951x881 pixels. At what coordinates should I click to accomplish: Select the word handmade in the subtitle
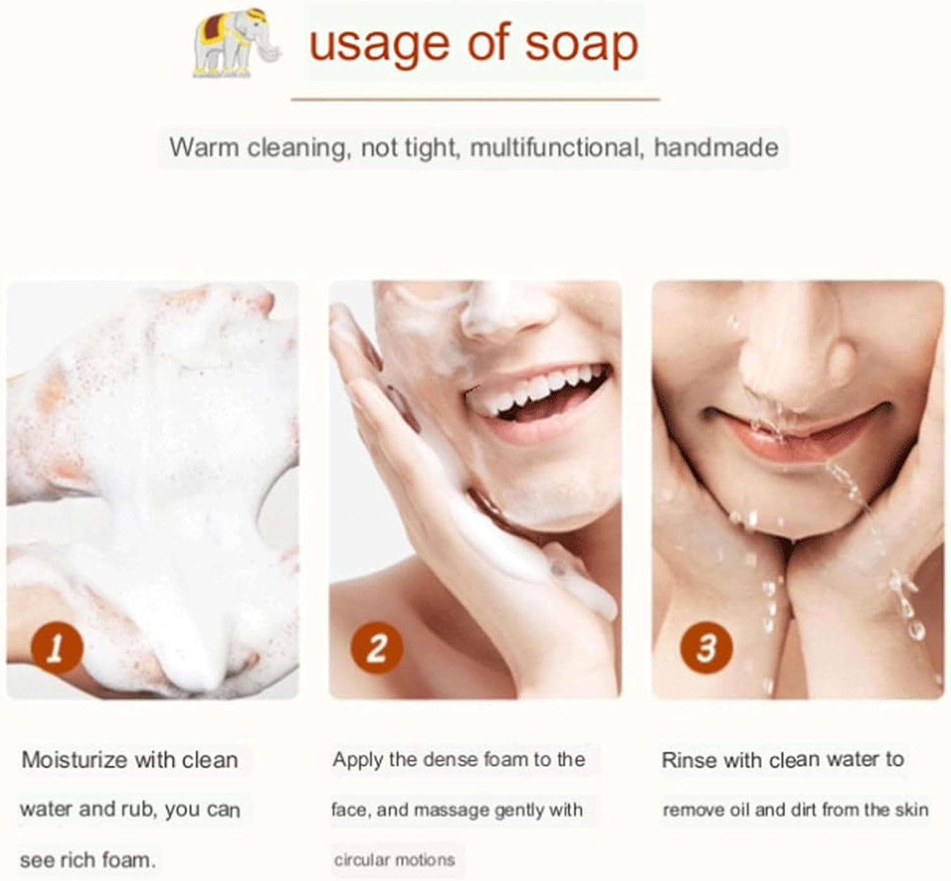(716, 148)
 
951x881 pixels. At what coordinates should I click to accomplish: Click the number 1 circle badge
(57, 648)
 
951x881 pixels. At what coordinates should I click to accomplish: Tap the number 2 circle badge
(377, 648)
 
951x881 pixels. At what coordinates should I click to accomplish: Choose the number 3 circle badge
(706, 648)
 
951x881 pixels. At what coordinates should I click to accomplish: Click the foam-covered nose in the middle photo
(507, 311)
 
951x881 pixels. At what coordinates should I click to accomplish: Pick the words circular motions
(394, 859)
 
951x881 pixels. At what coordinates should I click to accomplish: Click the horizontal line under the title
(475, 99)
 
